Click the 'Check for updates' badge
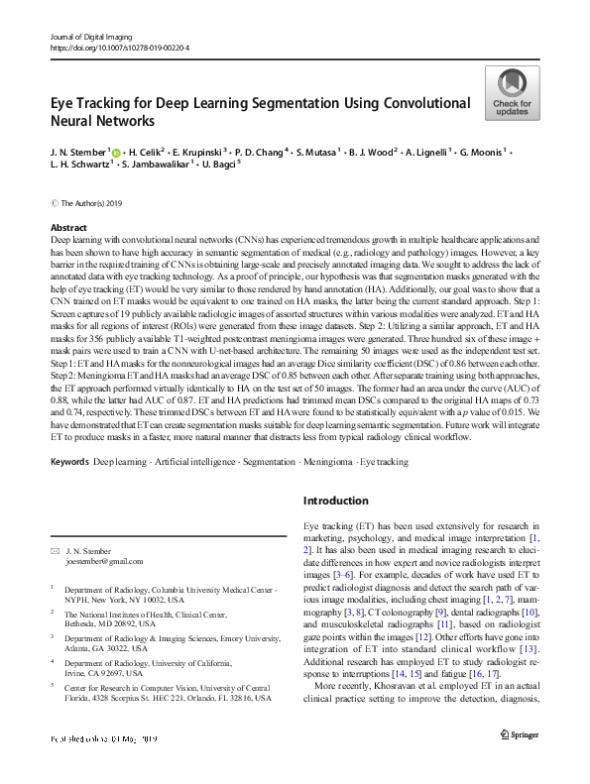(x=513, y=93)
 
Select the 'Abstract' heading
(x=68, y=228)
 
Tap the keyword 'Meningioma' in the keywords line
(x=325, y=462)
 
